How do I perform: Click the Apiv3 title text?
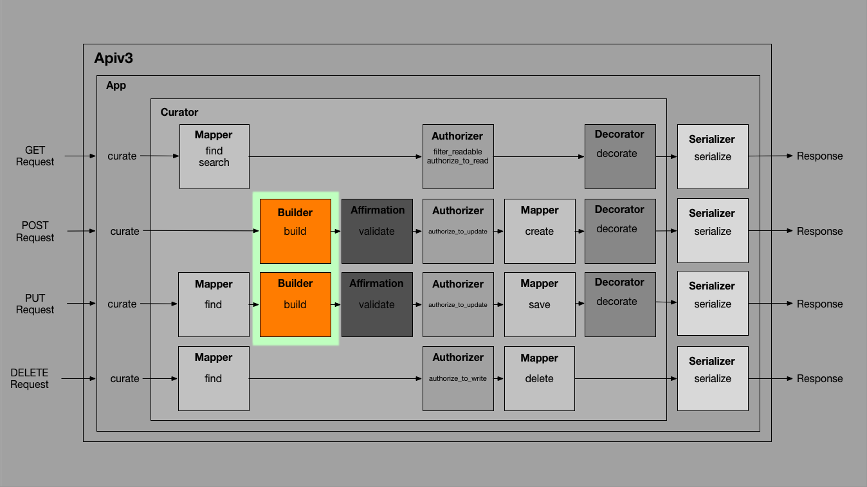click(x=113, y=59)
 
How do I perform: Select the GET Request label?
click(x=35, y=156)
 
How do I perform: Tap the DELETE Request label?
click(x=30, y=378)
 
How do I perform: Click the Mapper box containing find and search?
click(x=214, y=156)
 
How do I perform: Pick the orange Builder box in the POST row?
click(x=295, y=231)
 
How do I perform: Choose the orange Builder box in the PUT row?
click(x=295, y=304)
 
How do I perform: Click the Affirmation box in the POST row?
click(x=377, y=231)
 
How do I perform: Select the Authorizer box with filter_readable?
click(x=458, y=156)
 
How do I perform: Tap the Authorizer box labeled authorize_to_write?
click(x=458, y=378)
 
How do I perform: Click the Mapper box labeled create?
click(x=540, y=231)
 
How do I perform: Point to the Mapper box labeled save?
click(x=540, y=304)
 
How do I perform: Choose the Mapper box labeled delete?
click(x=540, y=378)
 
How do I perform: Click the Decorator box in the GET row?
click(x=620, y=156)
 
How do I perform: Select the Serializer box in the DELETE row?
click(x=713, y=378)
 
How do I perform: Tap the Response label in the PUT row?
click(x=819, y=304)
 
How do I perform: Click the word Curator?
click(x=179, y=112)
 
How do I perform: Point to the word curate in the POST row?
click(x=125, y=231)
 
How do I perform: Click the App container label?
click(x=116, y=85)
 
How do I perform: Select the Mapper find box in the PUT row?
click(x=214, y=304)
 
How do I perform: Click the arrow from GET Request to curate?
click(x=80, y=156)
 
